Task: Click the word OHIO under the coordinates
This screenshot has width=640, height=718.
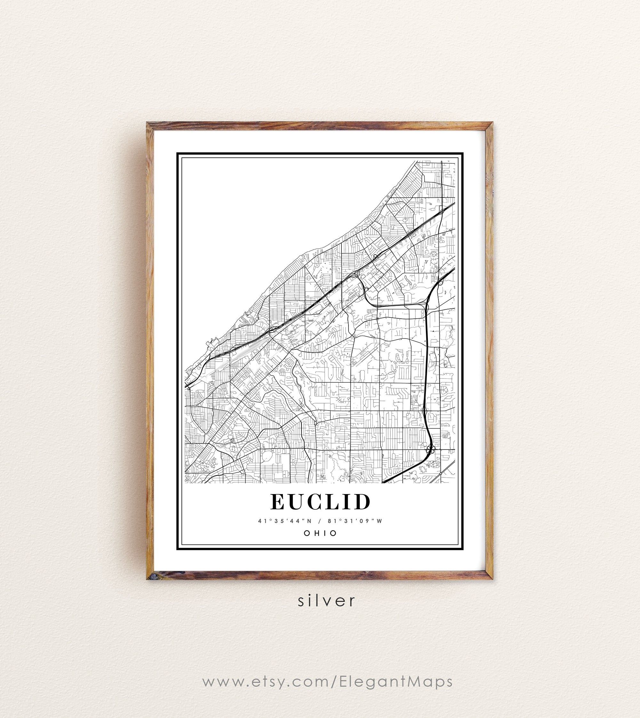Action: pos(320,533)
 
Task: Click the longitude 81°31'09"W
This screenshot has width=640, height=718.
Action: pos(355,521)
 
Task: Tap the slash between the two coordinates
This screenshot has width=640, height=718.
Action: pos(320,521)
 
